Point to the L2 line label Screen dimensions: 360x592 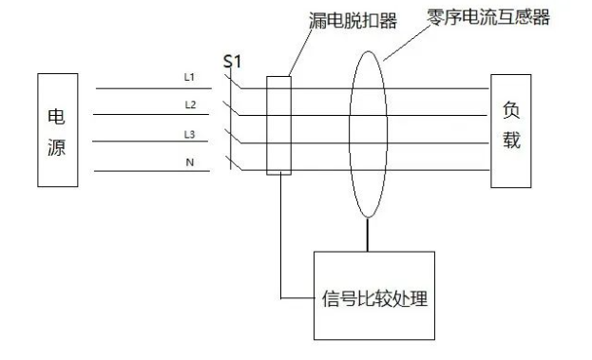[189, 104]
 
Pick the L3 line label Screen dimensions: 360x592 [189, 133]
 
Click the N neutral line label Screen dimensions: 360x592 [189, 162]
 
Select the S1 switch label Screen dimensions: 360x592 [233, 62]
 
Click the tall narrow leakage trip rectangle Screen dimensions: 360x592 [277, 125]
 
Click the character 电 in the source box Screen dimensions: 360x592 [57, 116]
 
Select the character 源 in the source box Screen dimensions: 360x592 [57, 147]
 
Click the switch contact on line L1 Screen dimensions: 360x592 [233, 83]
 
